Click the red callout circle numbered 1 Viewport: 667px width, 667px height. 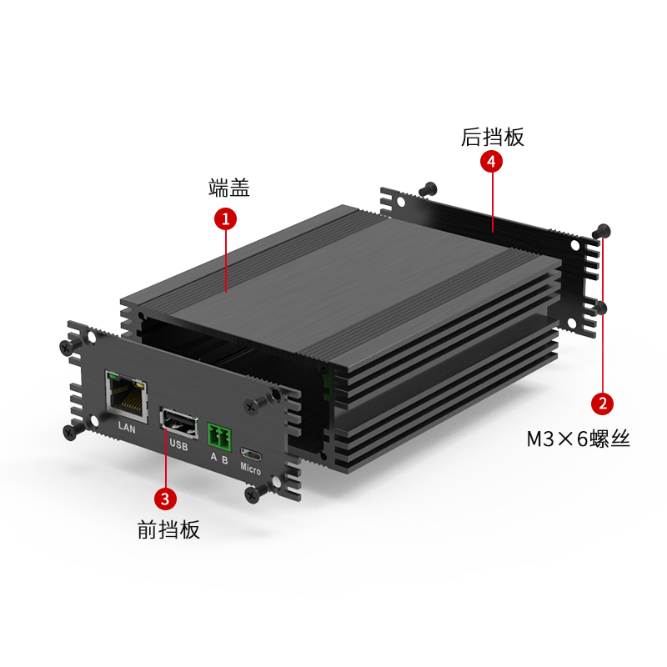(225, 218)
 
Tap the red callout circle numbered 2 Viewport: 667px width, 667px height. (602, 404)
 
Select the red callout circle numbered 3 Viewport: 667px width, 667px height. (165, 498)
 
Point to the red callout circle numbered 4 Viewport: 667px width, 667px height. (491, 162)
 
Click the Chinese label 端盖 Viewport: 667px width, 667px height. (228, 188)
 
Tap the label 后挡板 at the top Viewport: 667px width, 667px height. (493, 138)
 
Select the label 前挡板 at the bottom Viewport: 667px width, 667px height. (168, 529)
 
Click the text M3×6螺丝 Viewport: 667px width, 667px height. (578, 439)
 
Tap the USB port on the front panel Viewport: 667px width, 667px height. (178, 423)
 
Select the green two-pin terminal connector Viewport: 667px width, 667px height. (219, 437)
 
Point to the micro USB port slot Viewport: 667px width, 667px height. (251, 454)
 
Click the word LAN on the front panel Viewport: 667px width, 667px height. (127, 427)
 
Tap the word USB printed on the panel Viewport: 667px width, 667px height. (178, 444)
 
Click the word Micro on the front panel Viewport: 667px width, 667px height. (250, 469)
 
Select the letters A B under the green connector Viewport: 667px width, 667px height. (219, 459)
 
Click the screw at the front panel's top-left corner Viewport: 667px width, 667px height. (68, 347)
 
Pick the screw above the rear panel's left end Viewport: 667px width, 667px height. (428, 189)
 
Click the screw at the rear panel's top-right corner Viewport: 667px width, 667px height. (602, 231)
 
